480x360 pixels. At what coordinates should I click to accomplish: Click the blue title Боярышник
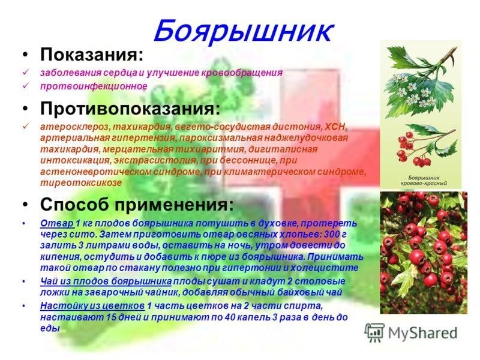(x=243, y=31)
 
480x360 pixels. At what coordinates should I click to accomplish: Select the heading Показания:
(x=92, y=55)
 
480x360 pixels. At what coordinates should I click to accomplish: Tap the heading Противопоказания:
(x=130, y=109)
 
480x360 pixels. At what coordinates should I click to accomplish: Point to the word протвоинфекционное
(x=94, y=86)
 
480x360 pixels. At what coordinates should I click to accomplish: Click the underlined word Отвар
(x=56, y=223)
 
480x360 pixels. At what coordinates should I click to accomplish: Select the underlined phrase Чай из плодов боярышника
(x=106, y=281)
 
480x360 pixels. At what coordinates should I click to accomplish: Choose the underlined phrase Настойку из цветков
(x=92, y=305)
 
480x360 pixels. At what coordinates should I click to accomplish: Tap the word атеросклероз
(x=76, y=127)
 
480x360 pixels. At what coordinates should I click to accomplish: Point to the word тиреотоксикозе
(x=81, y=183)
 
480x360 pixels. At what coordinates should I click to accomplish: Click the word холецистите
(x=324, y=268)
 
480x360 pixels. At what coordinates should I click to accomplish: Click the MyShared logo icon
(x=374, y=333)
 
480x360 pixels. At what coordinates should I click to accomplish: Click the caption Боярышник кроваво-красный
(x=424, y=181)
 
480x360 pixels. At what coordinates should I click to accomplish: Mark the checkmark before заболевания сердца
(x=25, y=73)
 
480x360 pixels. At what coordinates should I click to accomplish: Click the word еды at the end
(x=50, y=328)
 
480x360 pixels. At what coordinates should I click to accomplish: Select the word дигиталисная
(x=283, y=149)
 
